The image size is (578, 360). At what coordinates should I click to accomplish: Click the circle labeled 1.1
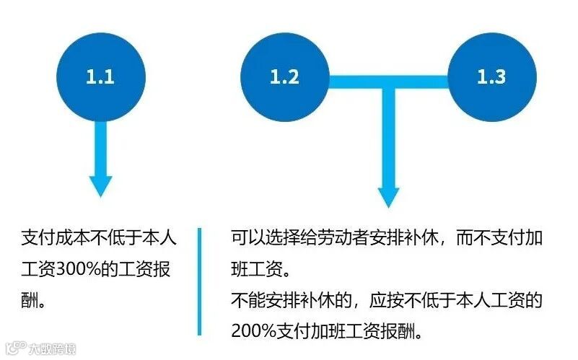click(x=100, y=76)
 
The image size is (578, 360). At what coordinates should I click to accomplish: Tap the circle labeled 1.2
click(x=285, y=76)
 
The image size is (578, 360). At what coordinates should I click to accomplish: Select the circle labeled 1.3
click(x=492, y=76)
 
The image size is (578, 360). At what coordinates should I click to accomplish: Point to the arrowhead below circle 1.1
click(x=100, y=185)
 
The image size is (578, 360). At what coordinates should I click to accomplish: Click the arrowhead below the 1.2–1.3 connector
click(x=389, y=196)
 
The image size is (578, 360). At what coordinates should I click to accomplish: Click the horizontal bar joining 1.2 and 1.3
click(x=388, y=77)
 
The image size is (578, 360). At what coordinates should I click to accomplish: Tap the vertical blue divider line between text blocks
click(x=200, y=282)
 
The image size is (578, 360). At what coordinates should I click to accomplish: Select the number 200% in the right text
click(x=254, y=332)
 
